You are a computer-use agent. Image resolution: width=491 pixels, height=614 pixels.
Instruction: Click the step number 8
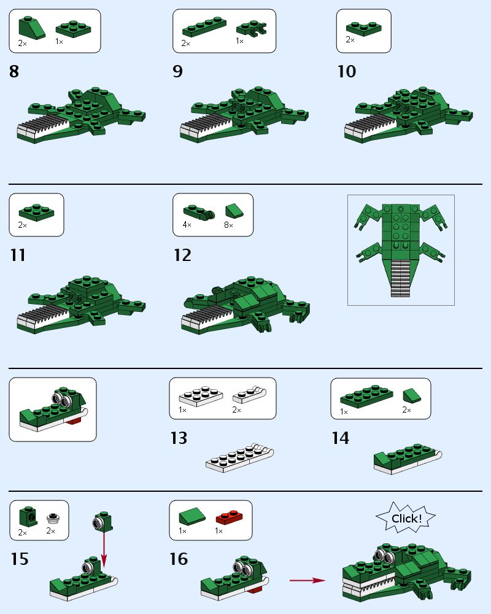pyautogui.click(x=14, y=72)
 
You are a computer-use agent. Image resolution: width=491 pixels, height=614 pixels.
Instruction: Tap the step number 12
pyautogui.click(x=182, y=255)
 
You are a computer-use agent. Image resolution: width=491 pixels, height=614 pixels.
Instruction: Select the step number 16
pyautogui.click(x=179, y=559)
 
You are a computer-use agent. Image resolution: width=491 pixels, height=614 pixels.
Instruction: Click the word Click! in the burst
pyautogui.click(x=406, y=519)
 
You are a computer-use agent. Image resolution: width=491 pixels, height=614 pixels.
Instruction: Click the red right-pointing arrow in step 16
pyautogui.click(x=307, y=580)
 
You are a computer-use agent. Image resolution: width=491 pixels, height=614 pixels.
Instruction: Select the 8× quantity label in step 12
pyautogui.click(x=228, y=225)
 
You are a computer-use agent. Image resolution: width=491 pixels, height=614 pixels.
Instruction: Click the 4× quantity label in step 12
pyautogui.click(x=187, y=225)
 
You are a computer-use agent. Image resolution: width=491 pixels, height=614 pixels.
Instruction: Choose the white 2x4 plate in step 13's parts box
pyautogui.click(x=199, y=395)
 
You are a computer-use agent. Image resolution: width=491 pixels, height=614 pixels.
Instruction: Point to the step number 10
pyautogui.click(x=346, y=72)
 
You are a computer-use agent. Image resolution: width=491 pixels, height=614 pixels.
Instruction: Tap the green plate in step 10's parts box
pyautogui.click(x=363, y=28)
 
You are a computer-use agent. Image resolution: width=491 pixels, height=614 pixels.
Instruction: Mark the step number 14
pyautogui.click(x=340, y=438)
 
